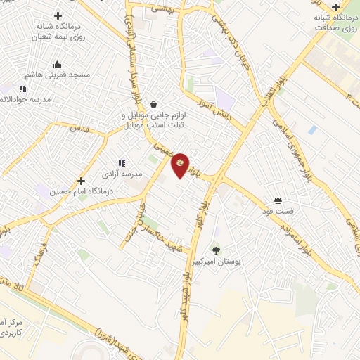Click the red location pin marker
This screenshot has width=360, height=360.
[180, 165]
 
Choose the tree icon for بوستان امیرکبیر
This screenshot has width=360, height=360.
[216, 250]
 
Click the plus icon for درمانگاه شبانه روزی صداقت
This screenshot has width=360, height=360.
[336, 7]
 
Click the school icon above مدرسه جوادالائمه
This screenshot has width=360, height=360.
[22, 89]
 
